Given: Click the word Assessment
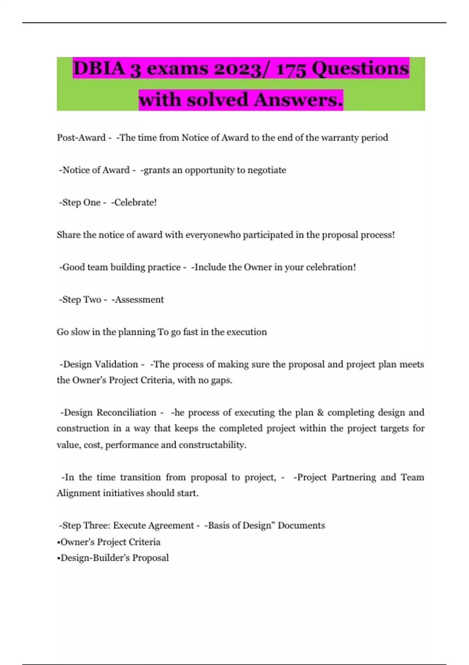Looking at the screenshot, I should (x=139, y=300).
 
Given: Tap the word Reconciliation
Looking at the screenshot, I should (x=126, y=413).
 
